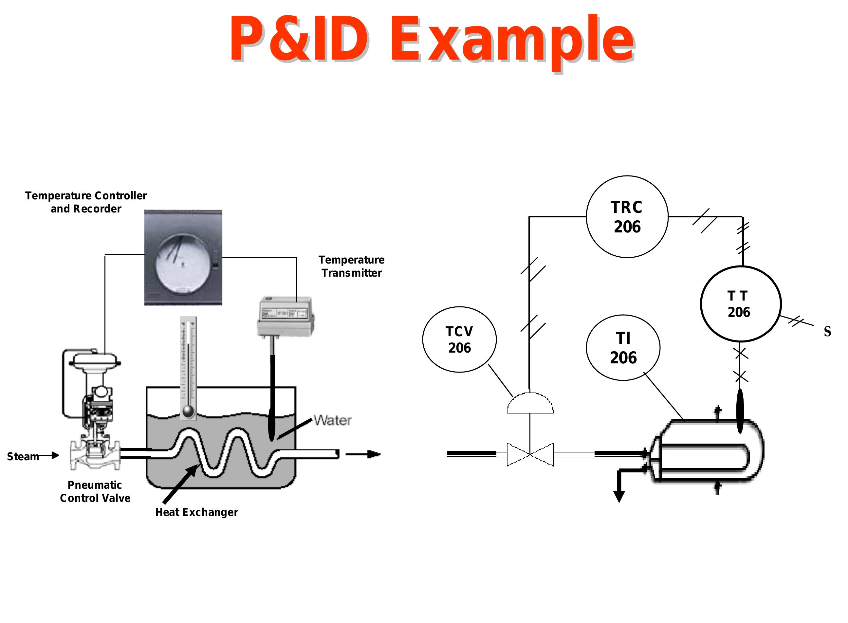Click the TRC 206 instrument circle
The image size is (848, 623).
[627, 217]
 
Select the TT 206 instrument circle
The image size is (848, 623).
[741, 304]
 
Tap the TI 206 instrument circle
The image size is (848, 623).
[623, 348]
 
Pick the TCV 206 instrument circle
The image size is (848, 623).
[459, 339]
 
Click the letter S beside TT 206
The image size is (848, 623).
[827, 332]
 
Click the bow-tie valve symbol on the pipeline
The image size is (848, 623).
[530, 454]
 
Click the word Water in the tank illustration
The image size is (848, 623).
[333, 420]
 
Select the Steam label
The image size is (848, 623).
[23, 457]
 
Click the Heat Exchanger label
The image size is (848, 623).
[196, 512]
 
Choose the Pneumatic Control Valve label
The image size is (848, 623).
[95, 492]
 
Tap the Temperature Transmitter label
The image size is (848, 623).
[351, 266]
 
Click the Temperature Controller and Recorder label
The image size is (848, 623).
[86, 202]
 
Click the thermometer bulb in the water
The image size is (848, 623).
[188, 412]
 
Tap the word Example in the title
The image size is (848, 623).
[512, 40]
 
